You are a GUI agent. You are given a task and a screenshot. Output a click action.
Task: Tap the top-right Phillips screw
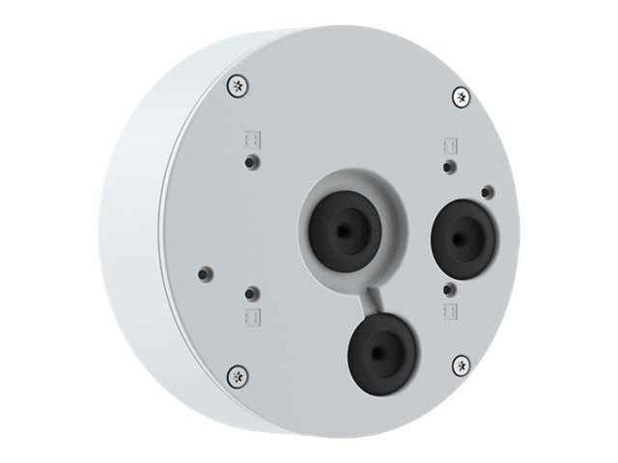tap(461, 96)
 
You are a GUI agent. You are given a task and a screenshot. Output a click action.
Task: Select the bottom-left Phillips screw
tap(236, 374)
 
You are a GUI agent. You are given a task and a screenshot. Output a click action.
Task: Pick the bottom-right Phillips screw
tap(461, 365)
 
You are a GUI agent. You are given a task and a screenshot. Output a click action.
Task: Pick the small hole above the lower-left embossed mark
tap(252, 291)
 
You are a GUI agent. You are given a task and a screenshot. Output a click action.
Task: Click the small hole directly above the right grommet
tap(447, 168)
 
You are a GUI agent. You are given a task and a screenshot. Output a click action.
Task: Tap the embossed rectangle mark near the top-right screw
tap(450, 146)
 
